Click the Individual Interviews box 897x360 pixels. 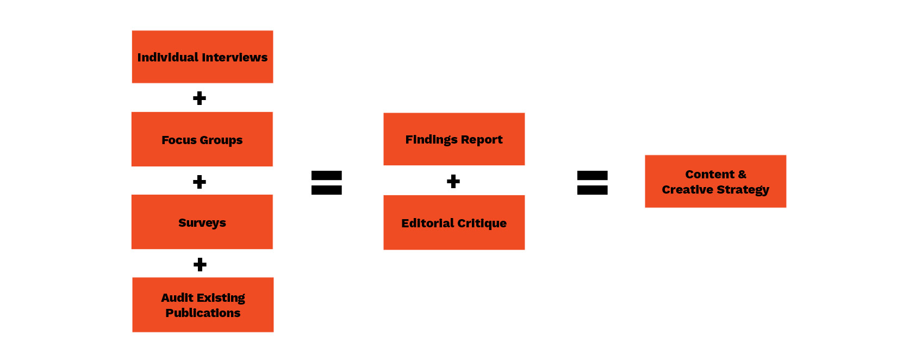point(202,57)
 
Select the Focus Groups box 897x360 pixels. point(202,139)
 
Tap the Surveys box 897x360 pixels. point(202,222)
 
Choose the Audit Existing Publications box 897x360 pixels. point(203,305)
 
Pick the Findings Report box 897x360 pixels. point(454,139)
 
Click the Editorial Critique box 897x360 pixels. point(454,222)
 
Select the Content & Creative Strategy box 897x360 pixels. point(715,181)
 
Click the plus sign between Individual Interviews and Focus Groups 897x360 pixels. point(200,98)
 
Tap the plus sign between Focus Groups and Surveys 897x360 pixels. point(200,182)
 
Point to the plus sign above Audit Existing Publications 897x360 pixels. point(200,264)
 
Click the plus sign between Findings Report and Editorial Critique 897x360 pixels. point(453,181)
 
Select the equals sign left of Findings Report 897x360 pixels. point(327,183)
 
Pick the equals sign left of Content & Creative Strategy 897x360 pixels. point(593,183)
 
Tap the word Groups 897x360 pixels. point(221,140)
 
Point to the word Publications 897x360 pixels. point(203,313)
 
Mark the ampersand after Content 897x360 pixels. point(742,175)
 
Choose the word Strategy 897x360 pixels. point(743,190)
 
